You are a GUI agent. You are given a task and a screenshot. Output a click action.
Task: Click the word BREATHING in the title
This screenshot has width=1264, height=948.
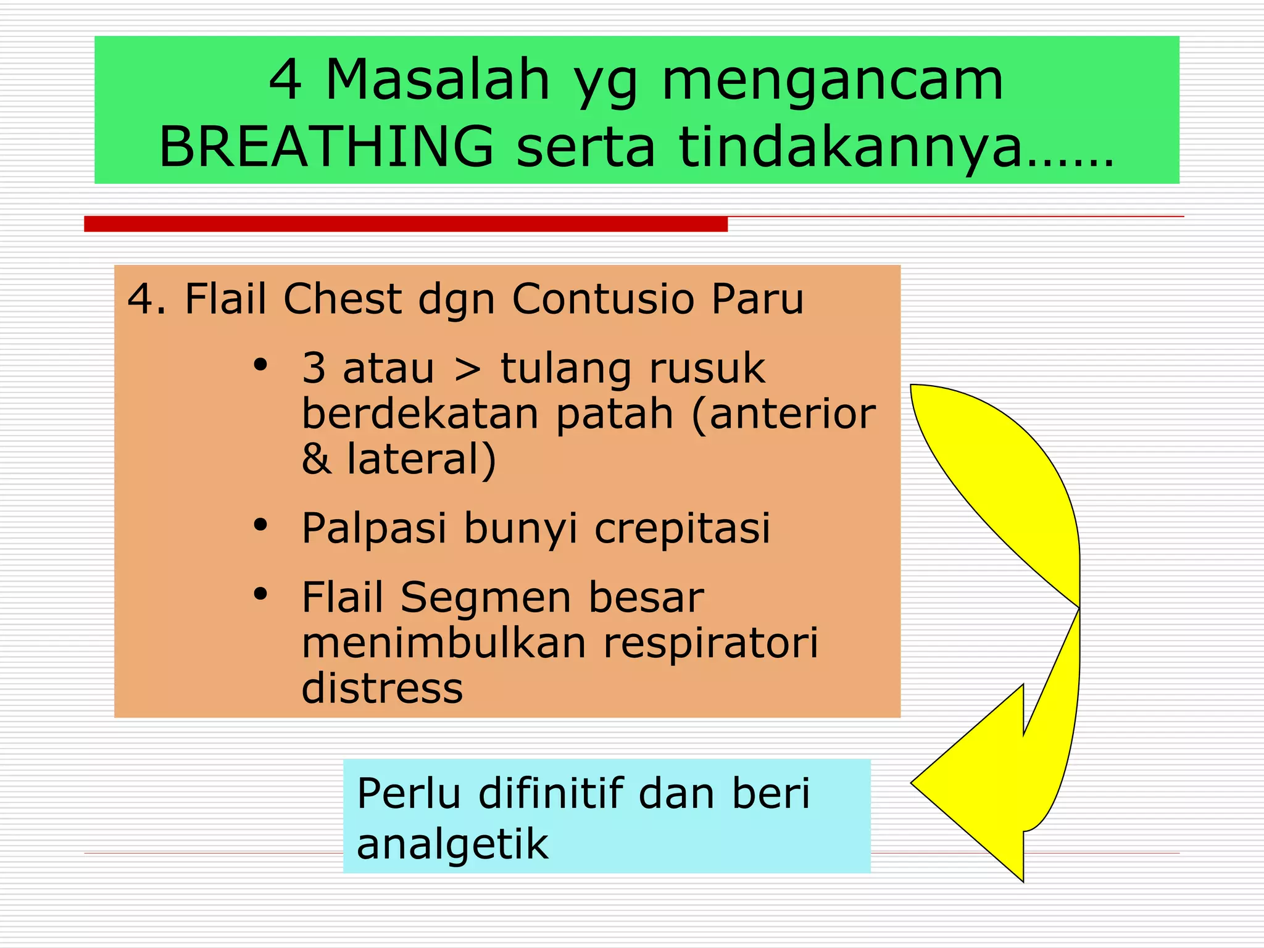point(326,146)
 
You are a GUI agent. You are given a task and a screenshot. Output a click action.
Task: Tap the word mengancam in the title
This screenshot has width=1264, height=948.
point(832,81)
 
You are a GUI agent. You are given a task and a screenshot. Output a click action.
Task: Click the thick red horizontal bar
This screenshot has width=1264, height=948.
point(405,224)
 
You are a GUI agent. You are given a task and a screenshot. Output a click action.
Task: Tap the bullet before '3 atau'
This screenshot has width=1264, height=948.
point(260,365)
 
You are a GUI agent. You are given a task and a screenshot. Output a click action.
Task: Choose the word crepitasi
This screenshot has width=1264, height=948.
point(682,529)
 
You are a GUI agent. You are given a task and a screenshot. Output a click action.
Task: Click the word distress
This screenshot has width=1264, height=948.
point(382,688)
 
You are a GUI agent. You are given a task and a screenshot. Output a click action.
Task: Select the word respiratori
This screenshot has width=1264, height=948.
point(710,643)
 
